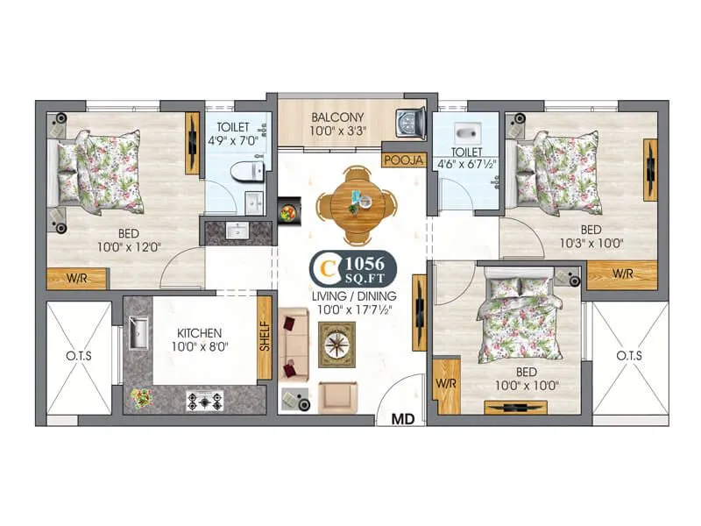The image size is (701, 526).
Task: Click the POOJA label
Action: click(x=404, y=160)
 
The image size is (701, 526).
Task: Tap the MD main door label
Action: click(x=402, y=419)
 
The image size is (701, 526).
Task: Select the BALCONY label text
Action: click(x=337, y=117)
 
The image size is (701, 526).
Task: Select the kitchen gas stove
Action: click(x=204, y=400)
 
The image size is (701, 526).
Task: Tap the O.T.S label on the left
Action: click(x=79, y=356)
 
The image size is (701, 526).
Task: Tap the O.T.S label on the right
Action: click(x=628, y=356)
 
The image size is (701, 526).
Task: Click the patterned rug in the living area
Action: click(x=337, y=344)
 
